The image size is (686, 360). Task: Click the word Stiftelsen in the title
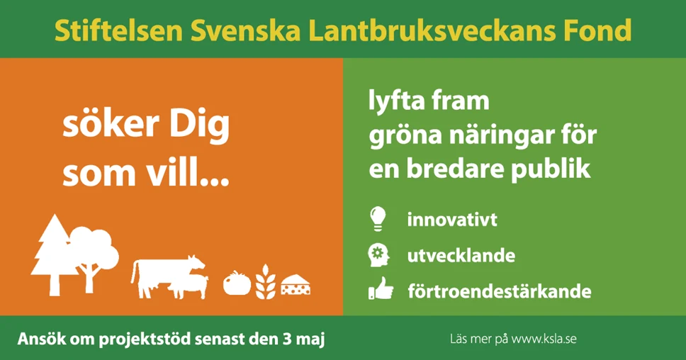point(118,30)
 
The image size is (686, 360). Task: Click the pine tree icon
point(54,255)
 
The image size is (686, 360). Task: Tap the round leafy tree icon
point(93,259)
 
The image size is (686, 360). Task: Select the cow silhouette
point(167,276)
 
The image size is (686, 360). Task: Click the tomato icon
point(237,283)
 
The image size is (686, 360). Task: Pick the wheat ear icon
point(266,282)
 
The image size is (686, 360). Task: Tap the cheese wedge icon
point(296,284)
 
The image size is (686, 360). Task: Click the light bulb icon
point(378,218)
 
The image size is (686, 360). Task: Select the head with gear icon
point(378,255)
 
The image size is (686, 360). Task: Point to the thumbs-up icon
point(381,288)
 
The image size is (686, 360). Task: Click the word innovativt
point(452,219)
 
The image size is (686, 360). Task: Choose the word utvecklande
point(461,255)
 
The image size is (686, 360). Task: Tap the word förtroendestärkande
point(500,291)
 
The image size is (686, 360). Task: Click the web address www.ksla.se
point(544,339)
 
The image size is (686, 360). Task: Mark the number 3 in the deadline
point(286,339)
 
